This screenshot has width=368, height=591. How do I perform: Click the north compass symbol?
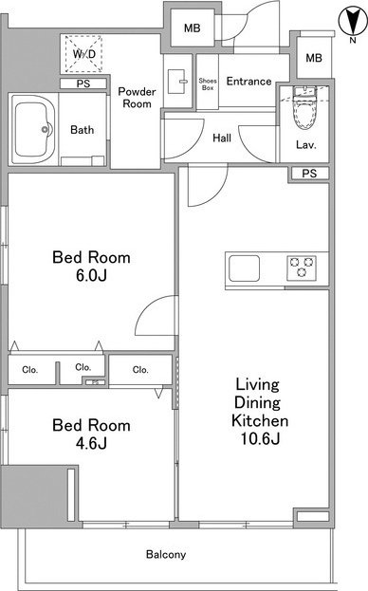point(353,22)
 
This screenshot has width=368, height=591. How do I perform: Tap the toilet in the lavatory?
point(304,107)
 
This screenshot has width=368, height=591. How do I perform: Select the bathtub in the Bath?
point(33,130)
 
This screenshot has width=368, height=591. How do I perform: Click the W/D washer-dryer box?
point(83,53)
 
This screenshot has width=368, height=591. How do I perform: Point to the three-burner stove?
point(302,268)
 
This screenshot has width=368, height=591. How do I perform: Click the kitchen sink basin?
point(244,268)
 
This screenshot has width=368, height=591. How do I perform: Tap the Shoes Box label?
point(208,84)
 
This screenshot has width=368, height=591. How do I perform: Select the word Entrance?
point(248,81)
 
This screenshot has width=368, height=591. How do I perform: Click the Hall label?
point(222,138)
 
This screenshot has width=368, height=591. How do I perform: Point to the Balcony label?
point(166,554)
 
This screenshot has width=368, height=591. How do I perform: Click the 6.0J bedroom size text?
point(91,275)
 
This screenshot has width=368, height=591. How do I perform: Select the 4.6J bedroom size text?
point(91,443)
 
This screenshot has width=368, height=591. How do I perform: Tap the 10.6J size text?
point(260,438)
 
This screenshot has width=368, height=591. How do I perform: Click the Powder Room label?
point(137,98)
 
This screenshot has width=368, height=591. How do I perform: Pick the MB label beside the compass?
point(314,58)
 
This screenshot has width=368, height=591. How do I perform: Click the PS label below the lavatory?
point(309,174)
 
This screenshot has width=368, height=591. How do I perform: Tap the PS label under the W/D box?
point(83,83)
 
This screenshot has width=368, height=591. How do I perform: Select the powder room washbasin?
point(176,81)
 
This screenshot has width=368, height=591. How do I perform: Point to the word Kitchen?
point(260,420)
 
